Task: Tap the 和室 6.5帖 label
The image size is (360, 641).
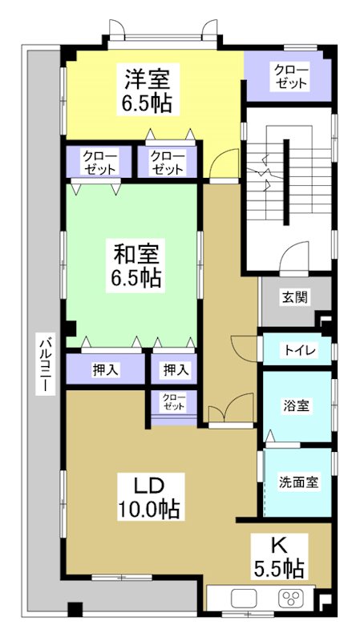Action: (136, 266)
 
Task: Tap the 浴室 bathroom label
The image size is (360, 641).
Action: (297, 405)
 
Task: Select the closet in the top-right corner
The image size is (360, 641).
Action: (289, 76)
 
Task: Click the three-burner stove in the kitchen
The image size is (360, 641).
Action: (289, 598)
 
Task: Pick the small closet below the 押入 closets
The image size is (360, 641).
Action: (173, 402)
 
